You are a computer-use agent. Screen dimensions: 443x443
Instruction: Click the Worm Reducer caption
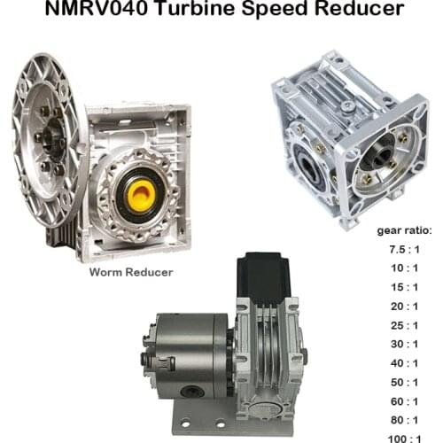[x=130, y=272]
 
